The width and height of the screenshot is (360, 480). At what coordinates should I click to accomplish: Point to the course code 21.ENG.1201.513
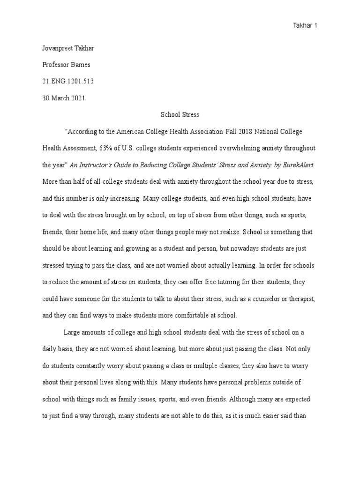(x=68, y=81)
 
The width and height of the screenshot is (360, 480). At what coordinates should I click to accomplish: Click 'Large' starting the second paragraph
(x=71, y=332)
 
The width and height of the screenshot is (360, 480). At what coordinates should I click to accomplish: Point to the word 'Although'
(x=248, y=400)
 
